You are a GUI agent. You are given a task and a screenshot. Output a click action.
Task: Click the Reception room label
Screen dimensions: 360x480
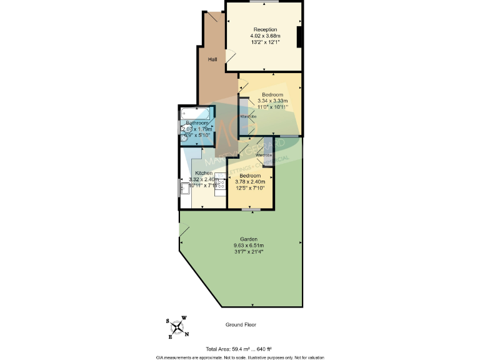pos(265,30)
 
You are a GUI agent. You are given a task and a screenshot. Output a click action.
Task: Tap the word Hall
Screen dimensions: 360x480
pos(212,59)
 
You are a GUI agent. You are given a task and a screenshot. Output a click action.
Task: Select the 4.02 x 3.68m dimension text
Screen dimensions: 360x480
pos(265,36)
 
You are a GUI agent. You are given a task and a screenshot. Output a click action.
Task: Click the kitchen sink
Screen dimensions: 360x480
pos(185,186)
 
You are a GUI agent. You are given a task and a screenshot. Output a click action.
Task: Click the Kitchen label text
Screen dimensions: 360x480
pos(204,173)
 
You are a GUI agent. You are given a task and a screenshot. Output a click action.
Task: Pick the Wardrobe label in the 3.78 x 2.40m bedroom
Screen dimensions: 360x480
pos(264,154)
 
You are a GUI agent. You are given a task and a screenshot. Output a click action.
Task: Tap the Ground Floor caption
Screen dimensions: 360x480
pos(241,325)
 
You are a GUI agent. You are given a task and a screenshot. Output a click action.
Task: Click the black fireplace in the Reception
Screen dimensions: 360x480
pos(300,37)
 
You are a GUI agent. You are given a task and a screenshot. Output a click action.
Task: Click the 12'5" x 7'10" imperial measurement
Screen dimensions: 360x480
pos(249,188)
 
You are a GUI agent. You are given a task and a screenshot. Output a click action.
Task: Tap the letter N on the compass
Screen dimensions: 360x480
pos(187,334)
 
